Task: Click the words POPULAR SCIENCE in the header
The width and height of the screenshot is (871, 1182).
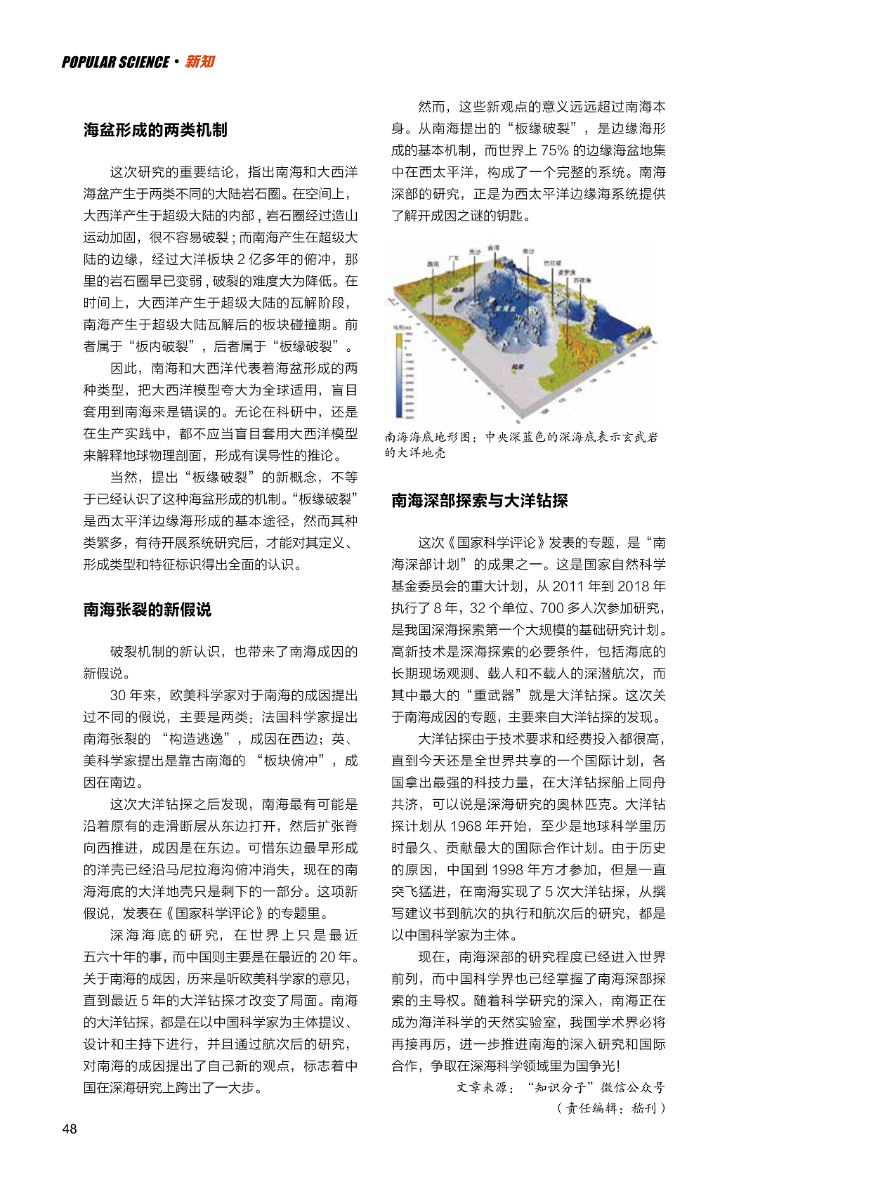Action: tap(115, 63)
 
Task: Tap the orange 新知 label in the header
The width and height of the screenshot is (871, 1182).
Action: tap(200, 62)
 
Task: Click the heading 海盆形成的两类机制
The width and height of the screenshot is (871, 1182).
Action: tap(155, 130)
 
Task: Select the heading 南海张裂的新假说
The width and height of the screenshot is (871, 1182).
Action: tap(147, 610)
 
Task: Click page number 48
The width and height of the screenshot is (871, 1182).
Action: tap(70, 1129)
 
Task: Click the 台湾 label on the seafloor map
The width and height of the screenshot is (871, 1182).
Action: tap(494, 248)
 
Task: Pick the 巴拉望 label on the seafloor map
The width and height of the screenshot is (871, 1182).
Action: tap(552, 263)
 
